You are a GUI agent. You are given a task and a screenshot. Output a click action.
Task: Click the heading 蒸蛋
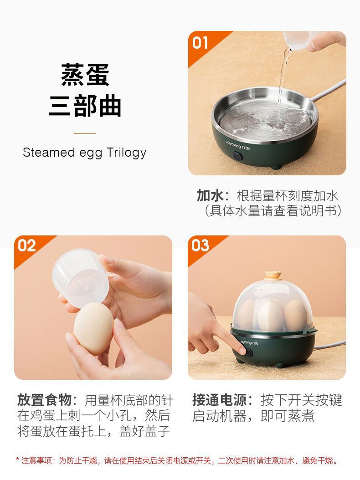click(85, 75)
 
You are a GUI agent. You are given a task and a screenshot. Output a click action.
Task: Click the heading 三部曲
click(85, 106)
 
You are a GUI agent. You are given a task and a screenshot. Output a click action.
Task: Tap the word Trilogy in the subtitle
click(126, 152)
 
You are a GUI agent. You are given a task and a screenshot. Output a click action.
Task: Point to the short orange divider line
click(85, 133)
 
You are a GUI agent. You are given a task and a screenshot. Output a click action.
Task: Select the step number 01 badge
click(201, 43)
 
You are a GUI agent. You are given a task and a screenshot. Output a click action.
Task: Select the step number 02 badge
click(27, 246)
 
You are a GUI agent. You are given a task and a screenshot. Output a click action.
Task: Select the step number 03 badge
click(201, 246)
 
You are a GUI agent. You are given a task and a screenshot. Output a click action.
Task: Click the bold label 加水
click(210, 196)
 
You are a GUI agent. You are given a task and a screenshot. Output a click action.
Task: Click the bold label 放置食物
click(44, 400)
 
